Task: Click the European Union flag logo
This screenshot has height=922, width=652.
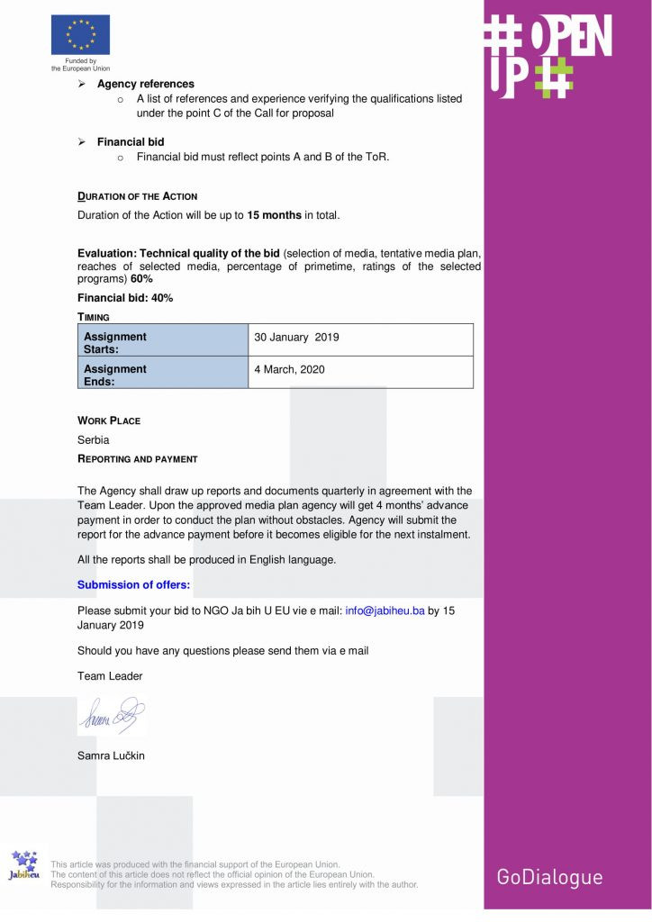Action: (80, 35)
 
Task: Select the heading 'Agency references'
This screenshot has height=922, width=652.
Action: (145, 84)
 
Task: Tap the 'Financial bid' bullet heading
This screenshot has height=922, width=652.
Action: (131, 141)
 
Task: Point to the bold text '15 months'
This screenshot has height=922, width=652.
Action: (274, 215)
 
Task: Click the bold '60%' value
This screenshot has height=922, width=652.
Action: (141, 278)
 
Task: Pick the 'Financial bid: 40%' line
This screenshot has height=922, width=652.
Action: (125, 298)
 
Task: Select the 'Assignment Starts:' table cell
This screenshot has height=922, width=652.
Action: (162, 342)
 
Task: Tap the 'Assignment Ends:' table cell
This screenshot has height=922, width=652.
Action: (162, 375)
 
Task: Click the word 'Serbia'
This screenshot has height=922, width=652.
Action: (93, 440)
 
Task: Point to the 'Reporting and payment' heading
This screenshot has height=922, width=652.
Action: (137, 459)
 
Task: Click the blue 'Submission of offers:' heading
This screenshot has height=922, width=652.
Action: (133, 584)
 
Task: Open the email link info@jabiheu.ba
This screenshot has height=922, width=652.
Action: (385, 610)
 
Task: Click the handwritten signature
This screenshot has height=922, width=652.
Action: (110, 716)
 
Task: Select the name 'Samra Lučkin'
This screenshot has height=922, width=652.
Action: (111, 755)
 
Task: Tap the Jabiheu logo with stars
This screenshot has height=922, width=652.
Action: (23, 868)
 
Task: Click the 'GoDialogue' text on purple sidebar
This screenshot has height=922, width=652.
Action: (549, 876)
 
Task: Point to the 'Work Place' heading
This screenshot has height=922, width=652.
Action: (109, 420)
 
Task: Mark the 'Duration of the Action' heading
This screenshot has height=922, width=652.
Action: (137, 196)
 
